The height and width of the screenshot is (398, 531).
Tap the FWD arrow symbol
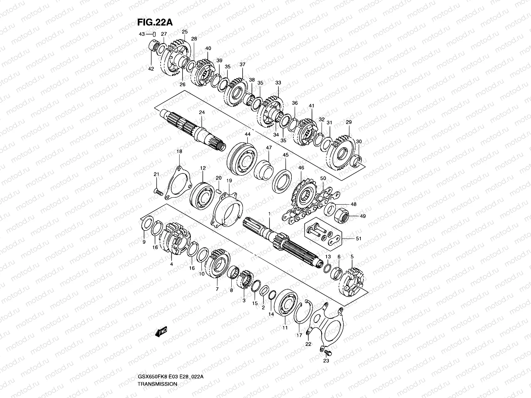coord(161,331)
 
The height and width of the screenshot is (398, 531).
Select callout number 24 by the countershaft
coord(202,112)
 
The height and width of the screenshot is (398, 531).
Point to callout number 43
coord(142,34)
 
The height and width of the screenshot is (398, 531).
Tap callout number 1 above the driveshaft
coord(269,214)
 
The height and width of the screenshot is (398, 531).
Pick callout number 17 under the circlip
coord(299,335)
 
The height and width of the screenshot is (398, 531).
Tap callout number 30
coord(358,142)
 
